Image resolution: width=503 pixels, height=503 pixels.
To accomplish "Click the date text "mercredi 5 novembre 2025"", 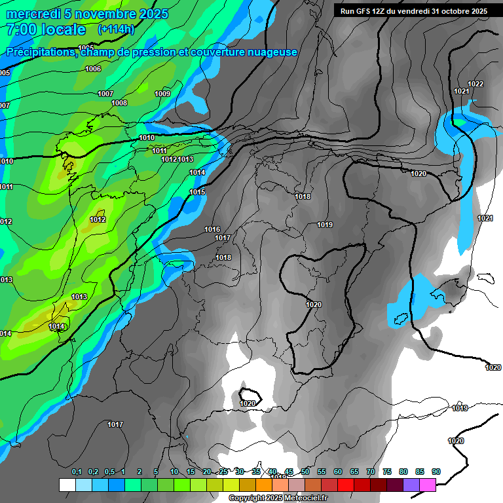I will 87,14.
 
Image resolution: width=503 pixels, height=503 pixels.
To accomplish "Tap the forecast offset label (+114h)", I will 116,29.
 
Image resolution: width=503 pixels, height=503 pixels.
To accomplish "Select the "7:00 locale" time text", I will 46,29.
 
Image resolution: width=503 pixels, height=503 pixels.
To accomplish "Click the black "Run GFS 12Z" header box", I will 413,10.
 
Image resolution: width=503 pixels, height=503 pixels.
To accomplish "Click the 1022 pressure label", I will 475,84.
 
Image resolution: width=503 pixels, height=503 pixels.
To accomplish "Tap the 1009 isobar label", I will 162,94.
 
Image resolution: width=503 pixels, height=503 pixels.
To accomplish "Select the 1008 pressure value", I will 119,103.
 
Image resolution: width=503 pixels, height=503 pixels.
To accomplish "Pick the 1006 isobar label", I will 93,69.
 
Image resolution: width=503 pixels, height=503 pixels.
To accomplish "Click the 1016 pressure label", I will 212,229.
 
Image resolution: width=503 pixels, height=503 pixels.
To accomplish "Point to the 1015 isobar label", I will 197,192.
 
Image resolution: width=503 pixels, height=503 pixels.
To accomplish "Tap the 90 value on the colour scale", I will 436,472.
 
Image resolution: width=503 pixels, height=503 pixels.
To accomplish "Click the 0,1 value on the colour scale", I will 77,472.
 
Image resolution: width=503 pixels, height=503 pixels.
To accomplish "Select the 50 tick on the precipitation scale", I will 305,472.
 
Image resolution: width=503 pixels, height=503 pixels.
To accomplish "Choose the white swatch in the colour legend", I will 67,485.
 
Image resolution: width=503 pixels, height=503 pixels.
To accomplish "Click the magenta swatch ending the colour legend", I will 428,485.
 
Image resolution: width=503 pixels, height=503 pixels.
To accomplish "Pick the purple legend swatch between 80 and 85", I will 411,485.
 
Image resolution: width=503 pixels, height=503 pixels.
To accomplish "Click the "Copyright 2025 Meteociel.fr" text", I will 278,498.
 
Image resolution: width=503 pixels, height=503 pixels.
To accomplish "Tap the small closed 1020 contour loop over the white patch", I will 250,396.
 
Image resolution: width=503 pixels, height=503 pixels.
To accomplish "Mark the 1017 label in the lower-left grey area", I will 115,424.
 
